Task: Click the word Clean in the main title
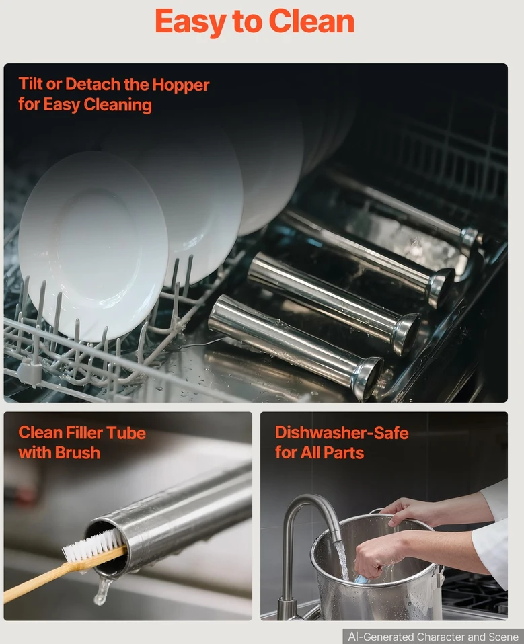(311, 22)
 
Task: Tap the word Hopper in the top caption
(180, 85)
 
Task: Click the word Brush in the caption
(77, 452)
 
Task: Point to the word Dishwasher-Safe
(342, 432)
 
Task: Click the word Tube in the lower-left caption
(126, 433)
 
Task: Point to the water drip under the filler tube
(102, 590)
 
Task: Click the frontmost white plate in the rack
(93, 245)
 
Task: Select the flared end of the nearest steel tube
(367, 378)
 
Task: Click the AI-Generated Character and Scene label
(433, 637)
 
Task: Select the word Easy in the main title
(190, 22)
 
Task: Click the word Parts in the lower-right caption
(343, 452)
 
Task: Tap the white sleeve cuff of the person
(491, 547)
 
